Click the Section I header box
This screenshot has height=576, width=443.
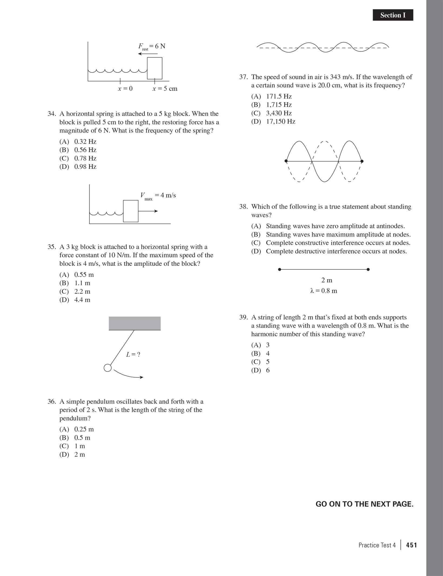pos(393,15)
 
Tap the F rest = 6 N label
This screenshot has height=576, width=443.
pos(152,47)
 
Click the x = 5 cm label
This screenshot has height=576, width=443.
pos(165,89)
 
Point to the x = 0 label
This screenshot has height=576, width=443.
pos(125,89)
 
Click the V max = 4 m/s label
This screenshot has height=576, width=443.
pos(158,196)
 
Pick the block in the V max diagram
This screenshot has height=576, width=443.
pos(131,211)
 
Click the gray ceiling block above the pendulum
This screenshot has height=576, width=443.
pos(135,323)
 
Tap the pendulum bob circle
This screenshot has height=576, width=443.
pos(108,368)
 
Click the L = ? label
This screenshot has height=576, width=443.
pos(133,355)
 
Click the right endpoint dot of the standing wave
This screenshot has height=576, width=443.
pos(362,161)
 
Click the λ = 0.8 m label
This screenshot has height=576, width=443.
pos(324,291)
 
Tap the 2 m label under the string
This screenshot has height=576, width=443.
pos(327,280)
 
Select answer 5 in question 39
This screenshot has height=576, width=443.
pos(267,362)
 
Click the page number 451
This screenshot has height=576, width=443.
pos(411,545)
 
